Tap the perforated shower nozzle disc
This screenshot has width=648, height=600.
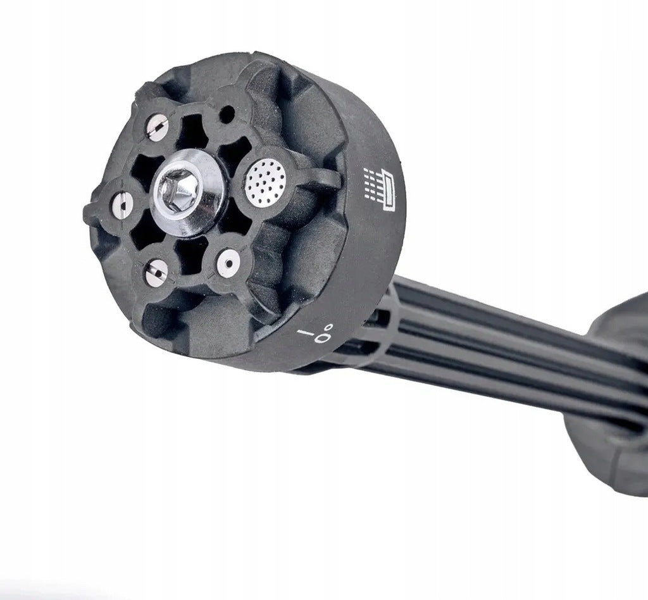(266, 183)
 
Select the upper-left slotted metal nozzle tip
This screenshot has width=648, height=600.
(158, 127)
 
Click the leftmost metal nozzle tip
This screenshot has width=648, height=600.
(121, 204)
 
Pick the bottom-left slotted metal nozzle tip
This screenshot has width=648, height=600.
(157, 273)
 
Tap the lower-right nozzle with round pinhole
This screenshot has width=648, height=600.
(228, 263)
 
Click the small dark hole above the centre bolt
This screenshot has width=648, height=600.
(227, 115)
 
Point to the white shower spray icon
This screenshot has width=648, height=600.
(379, 189)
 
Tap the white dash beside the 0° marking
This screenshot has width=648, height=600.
(305, 332)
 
